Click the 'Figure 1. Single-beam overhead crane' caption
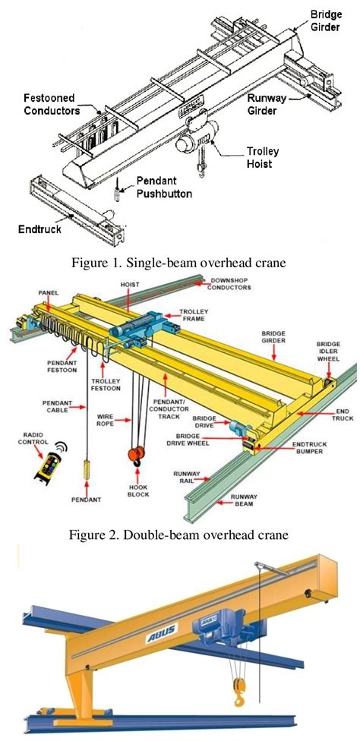179,265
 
